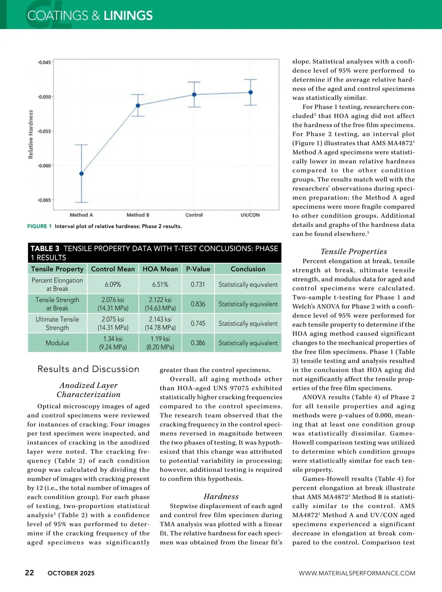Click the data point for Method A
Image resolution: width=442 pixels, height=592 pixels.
(81, 174)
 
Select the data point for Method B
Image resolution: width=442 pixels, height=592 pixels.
(138, 105)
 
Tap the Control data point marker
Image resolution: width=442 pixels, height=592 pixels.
(194, 95)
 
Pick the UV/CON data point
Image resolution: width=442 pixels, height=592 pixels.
(250, 93)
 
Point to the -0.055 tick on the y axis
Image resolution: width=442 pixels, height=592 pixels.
(44, 131)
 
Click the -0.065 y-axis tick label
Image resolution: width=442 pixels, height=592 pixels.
(44, 200)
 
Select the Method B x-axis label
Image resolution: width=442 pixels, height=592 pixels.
(138, 215)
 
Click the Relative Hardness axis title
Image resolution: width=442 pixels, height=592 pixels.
(31, 135)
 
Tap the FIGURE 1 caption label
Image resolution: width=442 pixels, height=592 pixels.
(39, 226)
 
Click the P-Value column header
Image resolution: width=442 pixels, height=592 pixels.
(198, 269)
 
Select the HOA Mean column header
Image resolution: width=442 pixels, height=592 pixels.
(160, 269)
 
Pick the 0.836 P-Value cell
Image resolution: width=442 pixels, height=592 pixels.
(198, 304)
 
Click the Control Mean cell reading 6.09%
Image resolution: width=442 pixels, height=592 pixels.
(113, 285)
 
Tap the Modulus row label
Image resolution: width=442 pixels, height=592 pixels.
(57, 343)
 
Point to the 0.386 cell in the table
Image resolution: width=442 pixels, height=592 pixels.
(198, 343)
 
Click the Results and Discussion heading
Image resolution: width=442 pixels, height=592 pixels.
(88, 369)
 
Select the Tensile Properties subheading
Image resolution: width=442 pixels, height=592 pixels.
(354, 251)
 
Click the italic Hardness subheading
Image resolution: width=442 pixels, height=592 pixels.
(221, 497)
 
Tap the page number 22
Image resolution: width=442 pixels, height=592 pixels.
(29, 572)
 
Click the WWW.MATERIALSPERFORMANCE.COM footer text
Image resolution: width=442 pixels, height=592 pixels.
(357, 573)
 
